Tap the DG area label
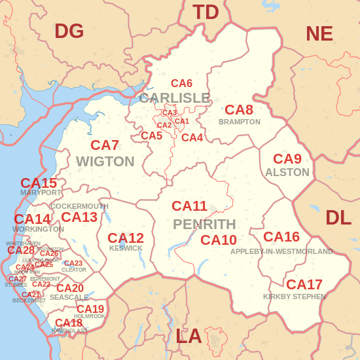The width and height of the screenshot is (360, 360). (x=69, y=31)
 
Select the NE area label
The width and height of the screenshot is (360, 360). (x=319, y=33)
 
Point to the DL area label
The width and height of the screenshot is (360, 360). (x=338, y=217)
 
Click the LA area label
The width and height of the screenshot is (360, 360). (x=189, y=336)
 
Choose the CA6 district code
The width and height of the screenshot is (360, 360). (x=181, y=83)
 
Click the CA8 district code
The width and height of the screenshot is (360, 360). (x=239, y=110)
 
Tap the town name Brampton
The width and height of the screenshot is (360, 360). (x=240, y=122)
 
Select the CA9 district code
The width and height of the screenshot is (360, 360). (x=287, y=159)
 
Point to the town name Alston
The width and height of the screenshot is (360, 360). (x=287, y=172)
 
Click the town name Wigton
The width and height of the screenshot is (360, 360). (x=105, y=162)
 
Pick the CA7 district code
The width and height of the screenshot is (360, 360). (x=105, y=145)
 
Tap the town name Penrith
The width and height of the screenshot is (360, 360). (x=204, y=225)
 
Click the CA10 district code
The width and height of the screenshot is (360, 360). (x=219, y=240)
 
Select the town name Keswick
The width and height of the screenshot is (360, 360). (x=126, y=249)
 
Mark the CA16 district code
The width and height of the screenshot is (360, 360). (x=281, y=237)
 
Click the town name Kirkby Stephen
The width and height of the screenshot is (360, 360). (x=295, y=297)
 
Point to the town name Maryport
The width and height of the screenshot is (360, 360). (x=41, y=193)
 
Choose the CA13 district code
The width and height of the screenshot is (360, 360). (x=79, y=217)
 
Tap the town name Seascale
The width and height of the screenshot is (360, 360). (x=69, y=297)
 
